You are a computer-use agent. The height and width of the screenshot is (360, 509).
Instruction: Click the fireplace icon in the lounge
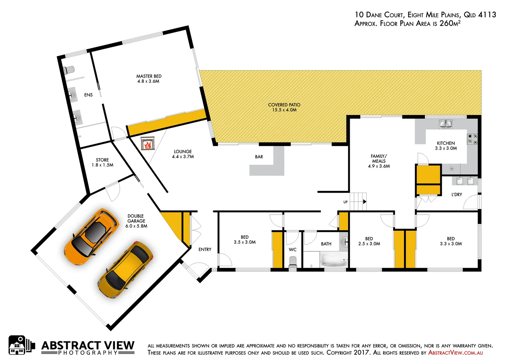coord(148,143)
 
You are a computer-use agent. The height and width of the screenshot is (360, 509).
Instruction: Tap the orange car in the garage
coord(91,236)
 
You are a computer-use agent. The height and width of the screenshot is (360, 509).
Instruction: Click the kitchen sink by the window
coord(445,124)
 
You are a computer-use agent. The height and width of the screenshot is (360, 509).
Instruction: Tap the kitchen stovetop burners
coord(472,139)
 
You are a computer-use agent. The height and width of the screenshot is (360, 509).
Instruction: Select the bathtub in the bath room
coord(333,259)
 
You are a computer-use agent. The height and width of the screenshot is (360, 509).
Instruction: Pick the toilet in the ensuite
coord(69,70)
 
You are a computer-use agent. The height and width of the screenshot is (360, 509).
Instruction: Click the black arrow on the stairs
coord(365,202)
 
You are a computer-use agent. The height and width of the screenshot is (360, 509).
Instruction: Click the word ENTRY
coord(205,249)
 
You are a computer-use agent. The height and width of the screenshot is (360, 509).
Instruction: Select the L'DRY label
coord(457,195)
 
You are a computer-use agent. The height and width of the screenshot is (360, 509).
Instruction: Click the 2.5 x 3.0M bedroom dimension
coord(369,244)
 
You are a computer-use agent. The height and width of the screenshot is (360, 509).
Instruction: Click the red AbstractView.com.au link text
coord(455,353)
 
